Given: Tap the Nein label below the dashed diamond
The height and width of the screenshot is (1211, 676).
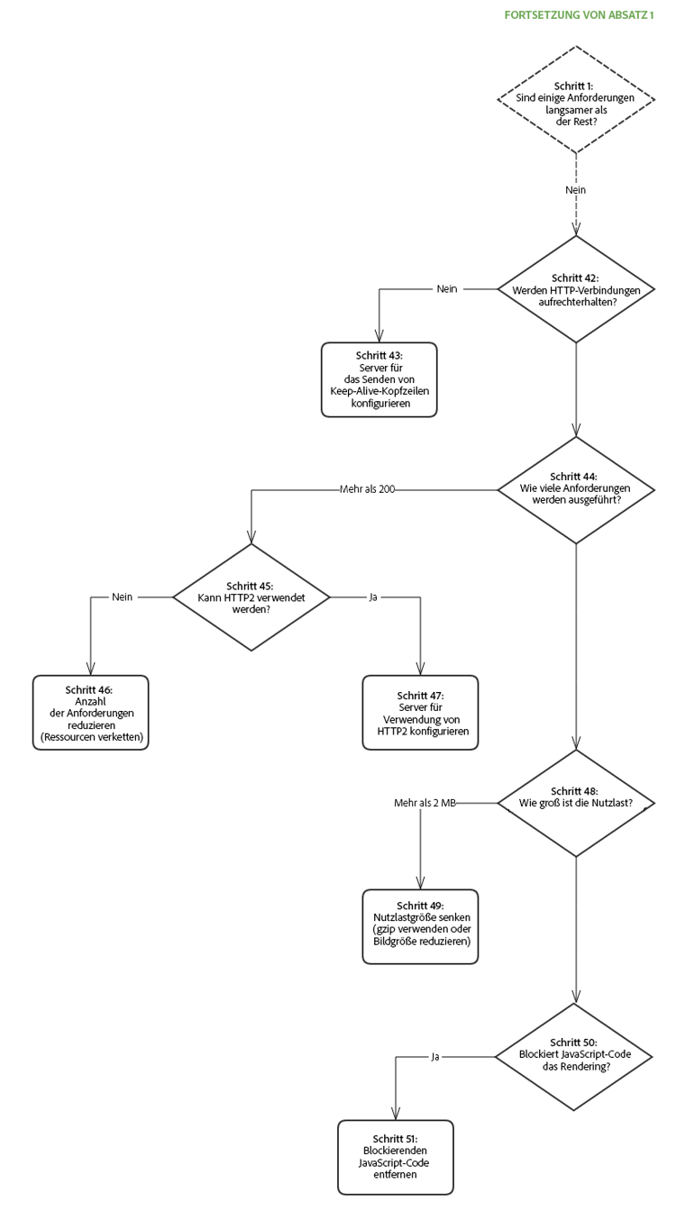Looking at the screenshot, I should tap(576, 190).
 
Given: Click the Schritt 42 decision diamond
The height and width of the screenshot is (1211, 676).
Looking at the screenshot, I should tap(576, 289).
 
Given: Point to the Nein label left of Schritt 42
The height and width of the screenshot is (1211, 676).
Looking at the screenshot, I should tap(447, 289).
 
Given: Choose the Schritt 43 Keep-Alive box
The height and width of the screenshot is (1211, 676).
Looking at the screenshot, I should tap(379, 379).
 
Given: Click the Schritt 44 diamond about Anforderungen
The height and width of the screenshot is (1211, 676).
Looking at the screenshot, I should tap(576, 490).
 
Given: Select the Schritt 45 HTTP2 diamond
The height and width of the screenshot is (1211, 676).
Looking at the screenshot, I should tap(251, 596).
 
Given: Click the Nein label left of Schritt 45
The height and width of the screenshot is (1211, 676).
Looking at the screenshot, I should tap(123, 596).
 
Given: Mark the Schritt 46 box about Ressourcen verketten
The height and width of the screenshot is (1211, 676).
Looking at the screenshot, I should tap(90, 713).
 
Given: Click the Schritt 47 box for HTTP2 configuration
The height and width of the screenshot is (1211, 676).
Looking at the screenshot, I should tap(420, 713).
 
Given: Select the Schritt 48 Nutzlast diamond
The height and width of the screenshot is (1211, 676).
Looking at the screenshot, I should tap(576, 802).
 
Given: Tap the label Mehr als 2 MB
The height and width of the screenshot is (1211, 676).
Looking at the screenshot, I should tap(425, 802).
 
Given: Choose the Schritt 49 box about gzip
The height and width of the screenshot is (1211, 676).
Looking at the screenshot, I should tap(420, 926).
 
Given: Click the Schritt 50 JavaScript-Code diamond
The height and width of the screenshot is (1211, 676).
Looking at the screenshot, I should tap(576, 1056).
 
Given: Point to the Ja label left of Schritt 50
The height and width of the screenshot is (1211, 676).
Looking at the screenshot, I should tap(434, 1056).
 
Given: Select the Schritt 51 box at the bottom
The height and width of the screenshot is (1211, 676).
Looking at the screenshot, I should tap(396, 1157).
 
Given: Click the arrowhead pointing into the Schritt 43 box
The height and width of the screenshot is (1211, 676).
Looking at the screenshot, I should tap(379, 338).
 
